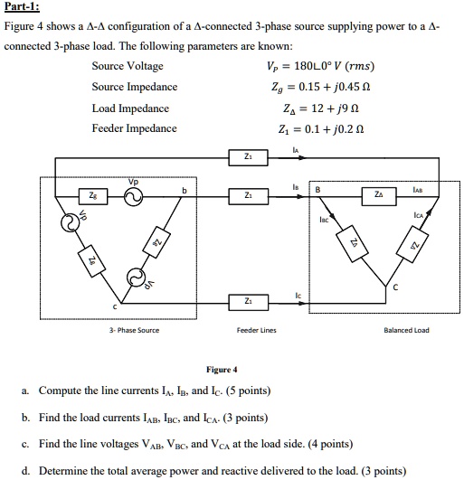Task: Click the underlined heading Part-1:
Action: (24, 8)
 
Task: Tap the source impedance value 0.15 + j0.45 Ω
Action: (336, 88)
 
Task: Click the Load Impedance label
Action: (130, 108)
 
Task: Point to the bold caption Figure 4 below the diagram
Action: (222, 370)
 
